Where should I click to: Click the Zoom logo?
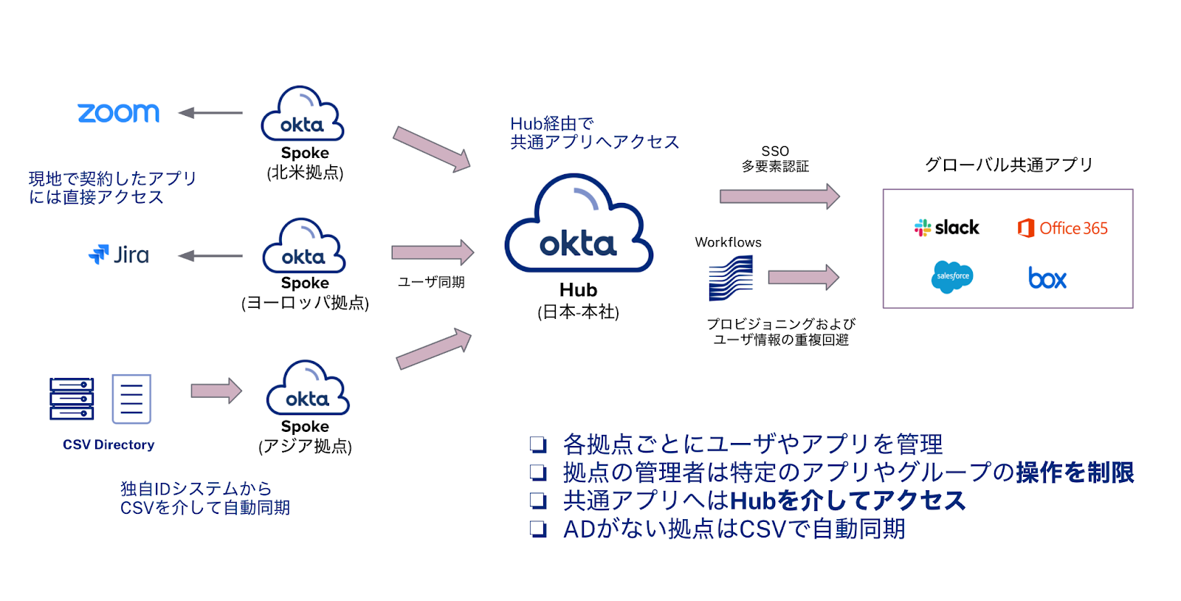point(119,113)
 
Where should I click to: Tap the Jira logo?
point(119,255)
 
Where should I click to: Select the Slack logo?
point(947,227)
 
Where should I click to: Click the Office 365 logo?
point(1063,228)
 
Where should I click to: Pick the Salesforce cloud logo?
point(952,277)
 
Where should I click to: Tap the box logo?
point(1047,278)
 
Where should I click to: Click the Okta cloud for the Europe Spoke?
point(304,247)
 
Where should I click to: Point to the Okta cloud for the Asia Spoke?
point(308,389)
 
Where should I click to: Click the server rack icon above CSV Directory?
point(72,399)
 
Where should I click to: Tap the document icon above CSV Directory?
point(131,399)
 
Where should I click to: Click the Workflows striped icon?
point(731,278)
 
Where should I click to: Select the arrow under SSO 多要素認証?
point(779,196)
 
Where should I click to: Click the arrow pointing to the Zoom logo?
point(210,113)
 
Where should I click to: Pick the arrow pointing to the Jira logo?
point(210,255)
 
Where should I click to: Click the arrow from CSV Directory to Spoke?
point(216,391)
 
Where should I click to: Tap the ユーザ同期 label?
point(431,282)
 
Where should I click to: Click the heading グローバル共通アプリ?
point(1008,165)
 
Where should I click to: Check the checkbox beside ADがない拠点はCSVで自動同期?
point(538,529)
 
